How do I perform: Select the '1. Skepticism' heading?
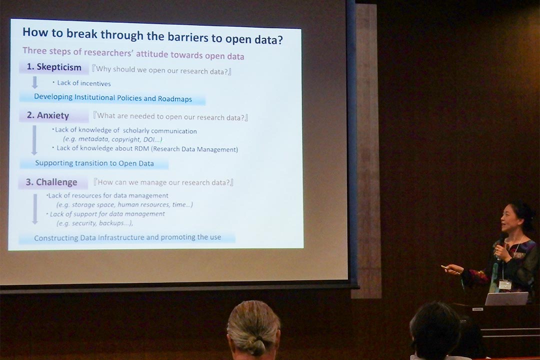click(54, 67)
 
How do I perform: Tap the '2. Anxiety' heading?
click(48, 115)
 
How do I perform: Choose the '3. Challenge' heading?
click(51, 182)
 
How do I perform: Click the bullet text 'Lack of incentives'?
click(83, 83)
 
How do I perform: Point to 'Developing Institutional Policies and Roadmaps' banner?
click(112, 98)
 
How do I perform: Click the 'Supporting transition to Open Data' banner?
click(94, 163)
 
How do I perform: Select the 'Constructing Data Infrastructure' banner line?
click(127, 237)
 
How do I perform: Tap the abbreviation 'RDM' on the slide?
click(141, 149)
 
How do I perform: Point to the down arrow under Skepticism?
click(35, 82)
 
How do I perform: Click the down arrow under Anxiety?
click(34, 140)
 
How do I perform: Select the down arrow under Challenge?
click(35, 209)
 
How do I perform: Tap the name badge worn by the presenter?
click(505, 284)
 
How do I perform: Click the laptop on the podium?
click(506, 298)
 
